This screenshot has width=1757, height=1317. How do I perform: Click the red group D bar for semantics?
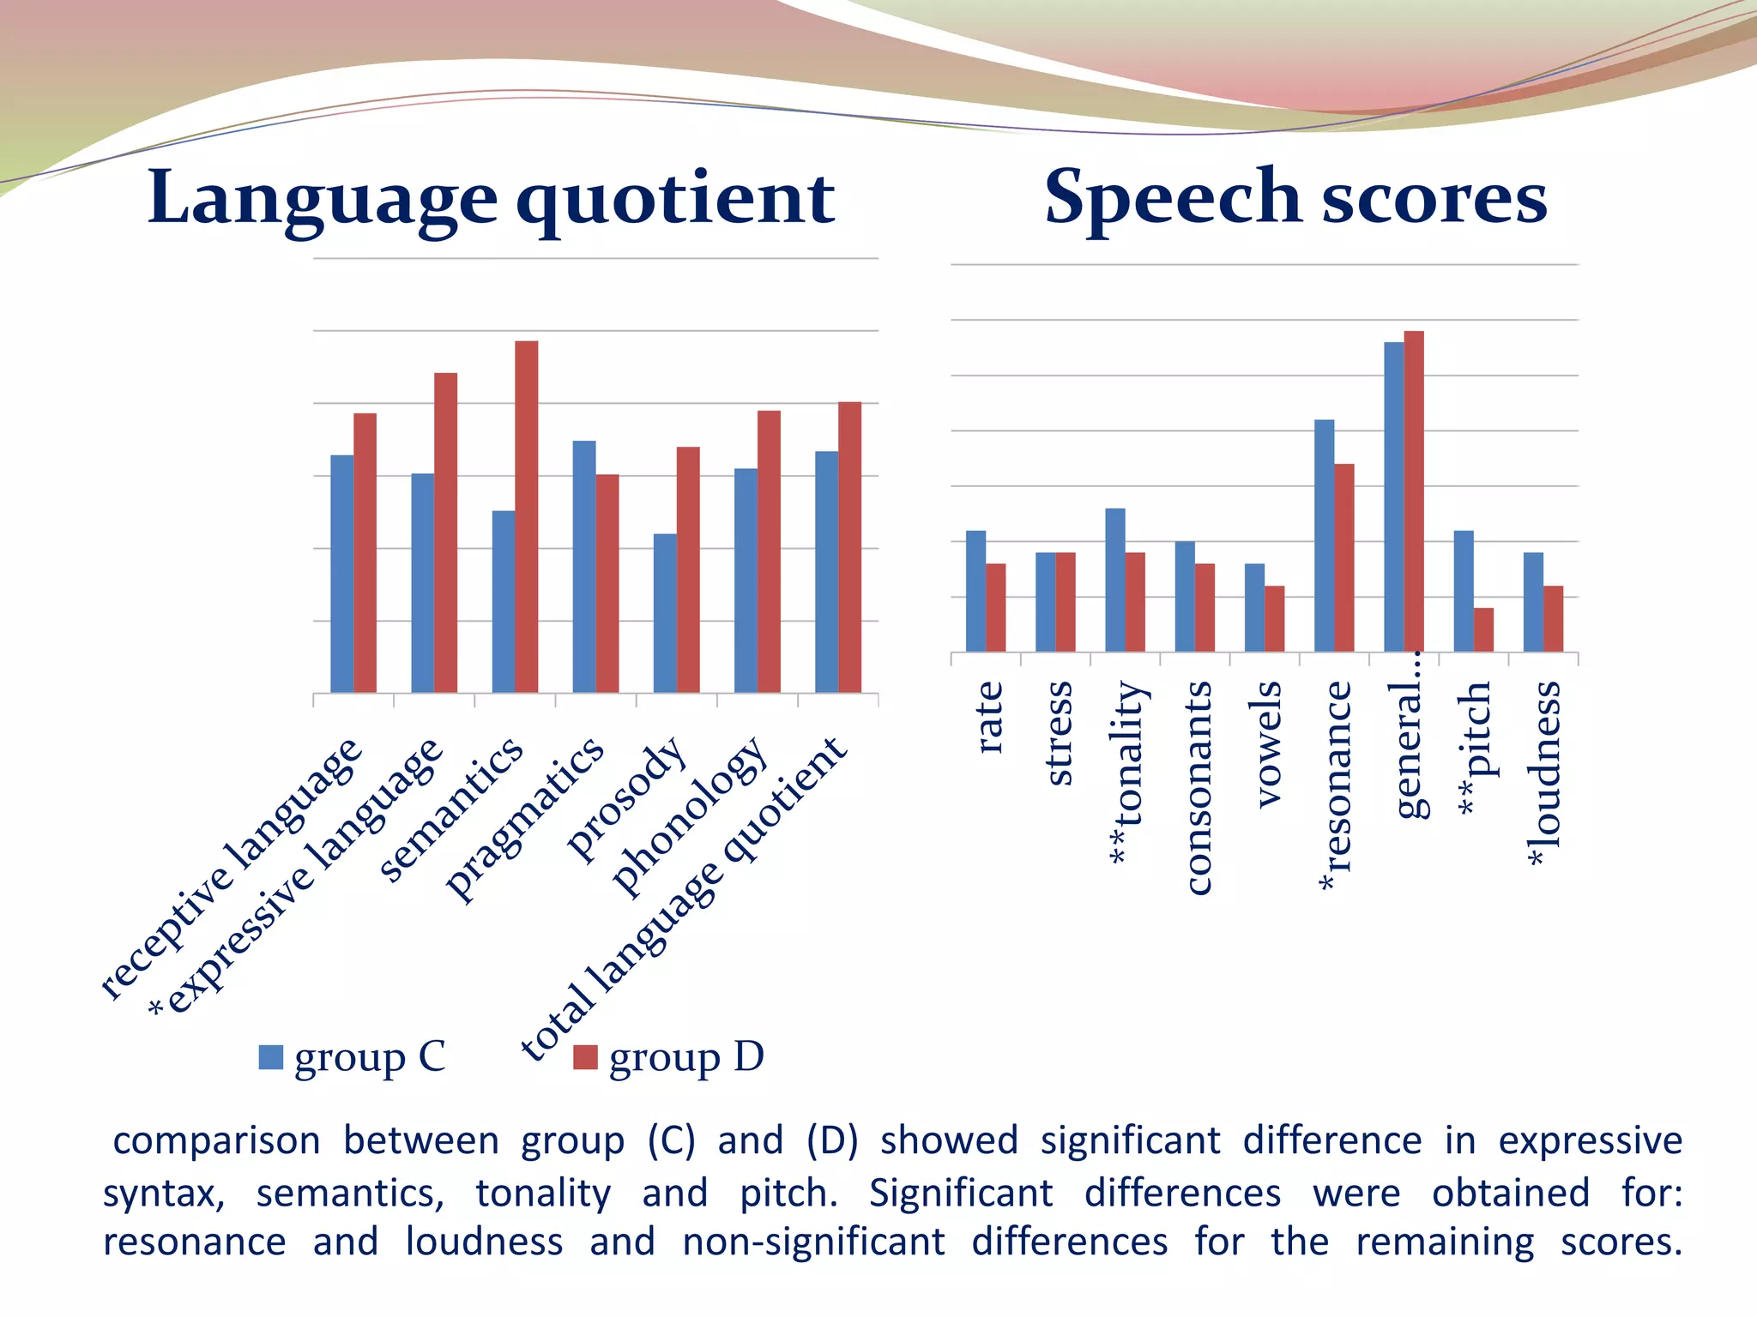pos(526,516)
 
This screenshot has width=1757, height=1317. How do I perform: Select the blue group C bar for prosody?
pos(665,613)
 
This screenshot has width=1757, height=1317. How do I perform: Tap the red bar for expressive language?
pos(445,532)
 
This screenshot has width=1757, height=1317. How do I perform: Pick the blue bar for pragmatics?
pos(584,566)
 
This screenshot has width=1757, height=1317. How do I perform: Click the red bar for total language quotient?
pos(849,547)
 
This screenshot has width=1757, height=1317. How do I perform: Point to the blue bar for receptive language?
pos(341,574)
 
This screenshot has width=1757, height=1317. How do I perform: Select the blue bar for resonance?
pos(1324,536)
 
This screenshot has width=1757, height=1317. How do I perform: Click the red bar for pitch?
pos(1483,629)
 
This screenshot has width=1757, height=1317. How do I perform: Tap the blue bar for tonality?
pos(1115,580)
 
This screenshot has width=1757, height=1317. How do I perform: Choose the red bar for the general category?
pos(1414,491)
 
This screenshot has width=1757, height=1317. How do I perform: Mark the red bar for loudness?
pos(1553,618)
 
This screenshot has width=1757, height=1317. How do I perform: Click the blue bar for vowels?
pos(1254,607)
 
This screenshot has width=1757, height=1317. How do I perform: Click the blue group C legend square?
pos(271,1057)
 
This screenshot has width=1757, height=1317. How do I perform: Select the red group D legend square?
pos(585,1057)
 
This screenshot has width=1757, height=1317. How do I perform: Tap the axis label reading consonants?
pos(1198,788)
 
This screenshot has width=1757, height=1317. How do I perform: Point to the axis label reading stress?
pos(1060,733)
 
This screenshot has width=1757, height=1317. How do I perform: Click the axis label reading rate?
pos(989,718)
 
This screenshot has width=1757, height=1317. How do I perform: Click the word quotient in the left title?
pos(675,200)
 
